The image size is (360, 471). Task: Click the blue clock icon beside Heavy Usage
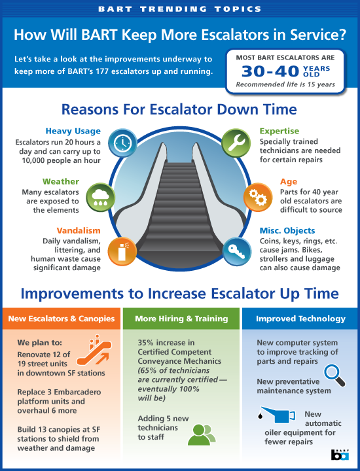tap(122, 143)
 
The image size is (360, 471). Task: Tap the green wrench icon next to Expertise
tap(236, 143)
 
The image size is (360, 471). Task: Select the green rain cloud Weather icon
tap(100, 198)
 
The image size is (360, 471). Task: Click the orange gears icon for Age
tap(258, 198)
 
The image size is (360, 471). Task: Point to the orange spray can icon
tap(122, 252)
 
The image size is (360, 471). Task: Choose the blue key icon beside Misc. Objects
tap(237, 252)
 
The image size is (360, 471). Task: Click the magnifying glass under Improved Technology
tap(334, 375)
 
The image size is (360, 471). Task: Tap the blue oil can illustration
tap(277, 415)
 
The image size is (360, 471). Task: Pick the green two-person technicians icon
tap(202, 434)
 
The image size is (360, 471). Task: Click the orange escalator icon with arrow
tap(94, 350)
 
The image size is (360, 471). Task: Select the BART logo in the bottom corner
tap(340, 455)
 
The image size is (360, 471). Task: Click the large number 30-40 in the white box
tap(270, 71)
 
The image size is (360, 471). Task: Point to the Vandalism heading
tap(79, 230)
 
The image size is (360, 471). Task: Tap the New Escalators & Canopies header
tap(62, 319)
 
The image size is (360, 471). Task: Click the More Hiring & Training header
tap(181, 319)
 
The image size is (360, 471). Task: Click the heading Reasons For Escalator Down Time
tap(179, 109)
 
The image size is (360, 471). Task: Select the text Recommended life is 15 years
tap(285, 84)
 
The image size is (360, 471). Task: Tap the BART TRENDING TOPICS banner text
tap(180, 9)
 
